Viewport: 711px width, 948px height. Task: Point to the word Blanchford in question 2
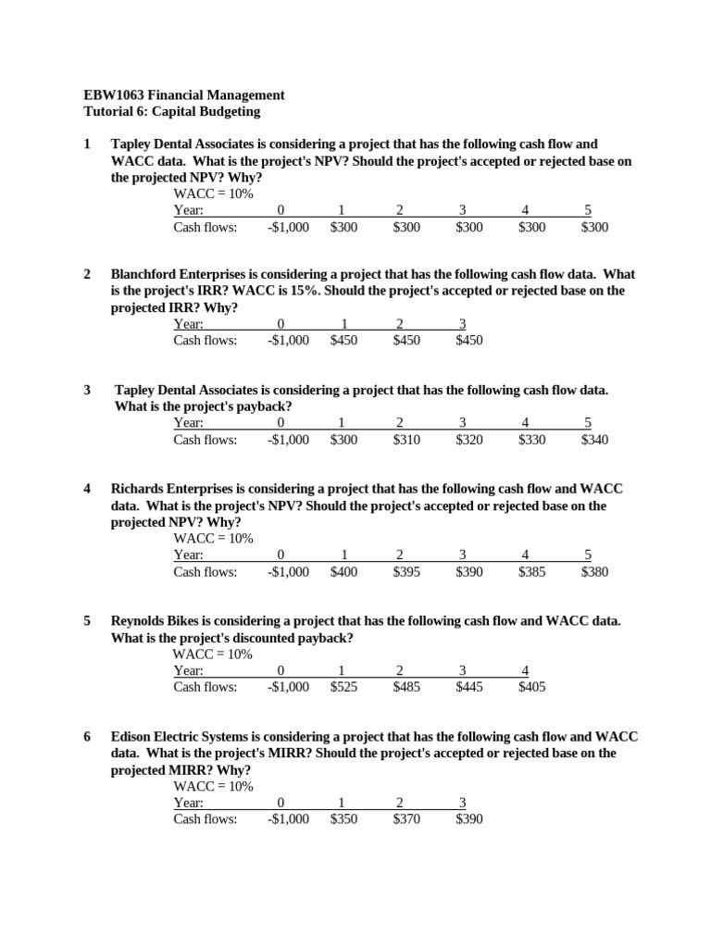click(x=145, y=274)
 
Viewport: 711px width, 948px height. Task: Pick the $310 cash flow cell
click(x=406, y=440)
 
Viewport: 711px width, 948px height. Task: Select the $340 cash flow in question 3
click(x=594, y=440)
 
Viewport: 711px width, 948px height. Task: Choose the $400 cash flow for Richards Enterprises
click(x=343, y=571)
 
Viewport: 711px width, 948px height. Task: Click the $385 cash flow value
click(x=532, y=571)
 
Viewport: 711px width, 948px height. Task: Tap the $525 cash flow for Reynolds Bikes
click(x=343, y=687)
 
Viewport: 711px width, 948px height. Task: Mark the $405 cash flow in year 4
click(x=532, y=687)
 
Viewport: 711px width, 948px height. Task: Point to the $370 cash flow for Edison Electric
click(x=406, y=819)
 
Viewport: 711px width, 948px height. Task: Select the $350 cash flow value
click(x=343, y=819)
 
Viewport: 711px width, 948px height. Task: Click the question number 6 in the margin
click(x=87, y=737)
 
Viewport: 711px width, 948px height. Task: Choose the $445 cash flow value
click(x=469, y=687)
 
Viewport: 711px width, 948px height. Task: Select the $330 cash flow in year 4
click(x=532, y=440)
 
